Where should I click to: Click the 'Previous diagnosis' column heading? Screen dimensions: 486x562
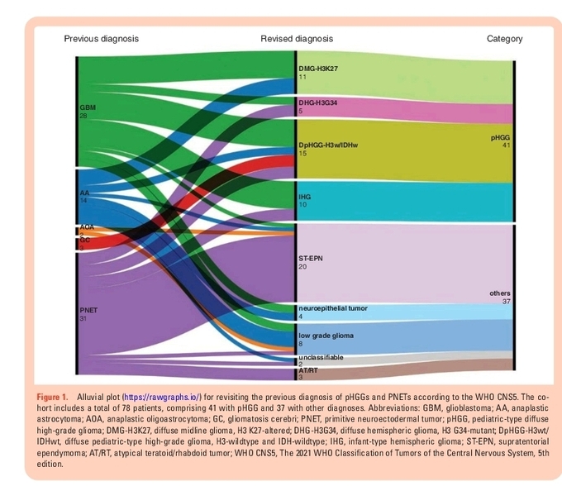(x=101, y=39)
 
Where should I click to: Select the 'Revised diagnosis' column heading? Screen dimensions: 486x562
(x=297, y=39)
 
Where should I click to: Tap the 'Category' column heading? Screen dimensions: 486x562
(x=504, y=39)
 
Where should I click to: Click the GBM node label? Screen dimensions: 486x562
(x=88, y=108)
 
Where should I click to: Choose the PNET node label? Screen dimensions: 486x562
(x=89, y=309)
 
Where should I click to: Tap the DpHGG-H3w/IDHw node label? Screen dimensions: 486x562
(x=328, y=145)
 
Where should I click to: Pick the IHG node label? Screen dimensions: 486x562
(x=304, y=197)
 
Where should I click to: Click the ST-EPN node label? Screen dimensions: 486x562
(x=311, y=259)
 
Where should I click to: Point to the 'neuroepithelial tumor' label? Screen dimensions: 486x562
(x=333, y=307)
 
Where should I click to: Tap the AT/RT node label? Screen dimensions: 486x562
(x=307, y=371)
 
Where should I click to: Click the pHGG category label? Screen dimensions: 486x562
(x=501, y=138)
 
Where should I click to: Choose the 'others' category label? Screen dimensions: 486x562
(x=500, y=293)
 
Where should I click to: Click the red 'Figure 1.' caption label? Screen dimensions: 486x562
(x=55, y=398)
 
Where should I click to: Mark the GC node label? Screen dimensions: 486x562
(x=84, y=240)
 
